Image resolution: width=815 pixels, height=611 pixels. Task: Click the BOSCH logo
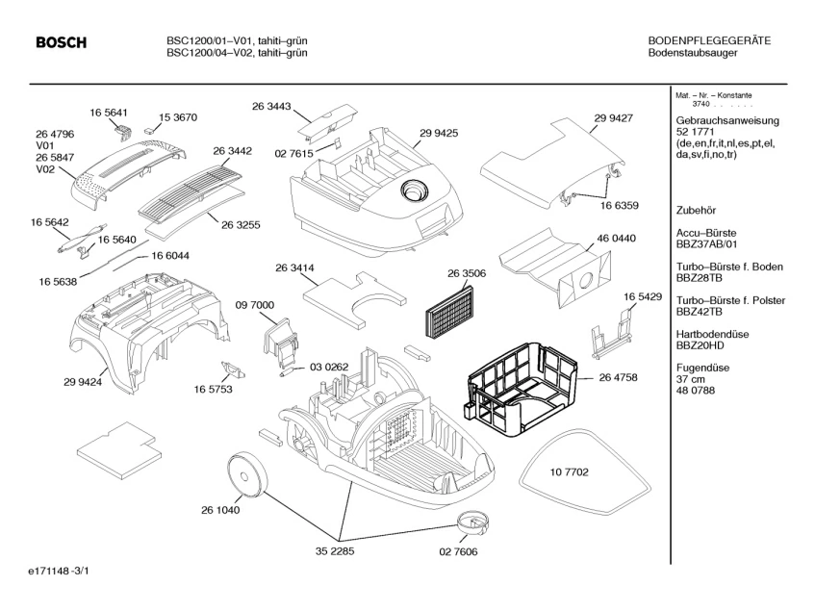point(61,43)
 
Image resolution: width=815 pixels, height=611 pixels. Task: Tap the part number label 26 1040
point(219,510)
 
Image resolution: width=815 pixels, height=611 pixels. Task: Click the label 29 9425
point(438,132)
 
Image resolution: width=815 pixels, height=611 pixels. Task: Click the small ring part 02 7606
point(472,523)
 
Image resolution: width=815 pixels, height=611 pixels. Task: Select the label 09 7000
point(255,305)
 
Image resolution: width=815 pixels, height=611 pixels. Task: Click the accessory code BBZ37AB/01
point(710,244)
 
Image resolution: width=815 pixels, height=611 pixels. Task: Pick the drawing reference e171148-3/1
point(61,573)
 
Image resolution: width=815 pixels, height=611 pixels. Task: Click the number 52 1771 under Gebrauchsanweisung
point(697,132)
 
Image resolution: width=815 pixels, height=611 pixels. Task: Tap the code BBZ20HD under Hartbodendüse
point(700,344)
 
